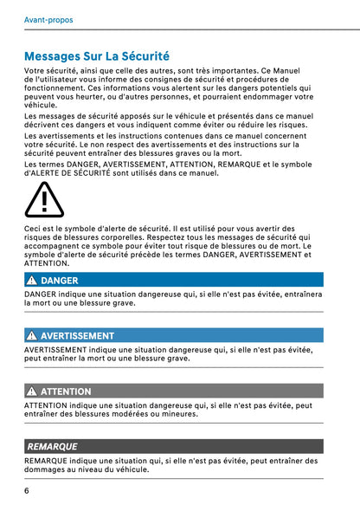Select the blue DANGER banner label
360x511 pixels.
click(x=59, y=281)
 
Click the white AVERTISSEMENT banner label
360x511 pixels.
click(x=77, y=335)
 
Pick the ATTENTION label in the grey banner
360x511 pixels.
click(x=66, y=391)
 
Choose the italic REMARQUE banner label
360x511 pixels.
click(x=52, y=446)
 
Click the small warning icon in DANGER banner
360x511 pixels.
click(x=31, y=281)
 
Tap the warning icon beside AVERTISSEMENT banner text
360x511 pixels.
click(x=31, y=335)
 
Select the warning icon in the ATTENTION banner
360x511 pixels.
click(x=31, y=391)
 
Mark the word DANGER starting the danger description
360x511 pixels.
click(x=41, y=294)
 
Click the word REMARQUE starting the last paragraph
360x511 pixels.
click(x=46, y=460)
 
